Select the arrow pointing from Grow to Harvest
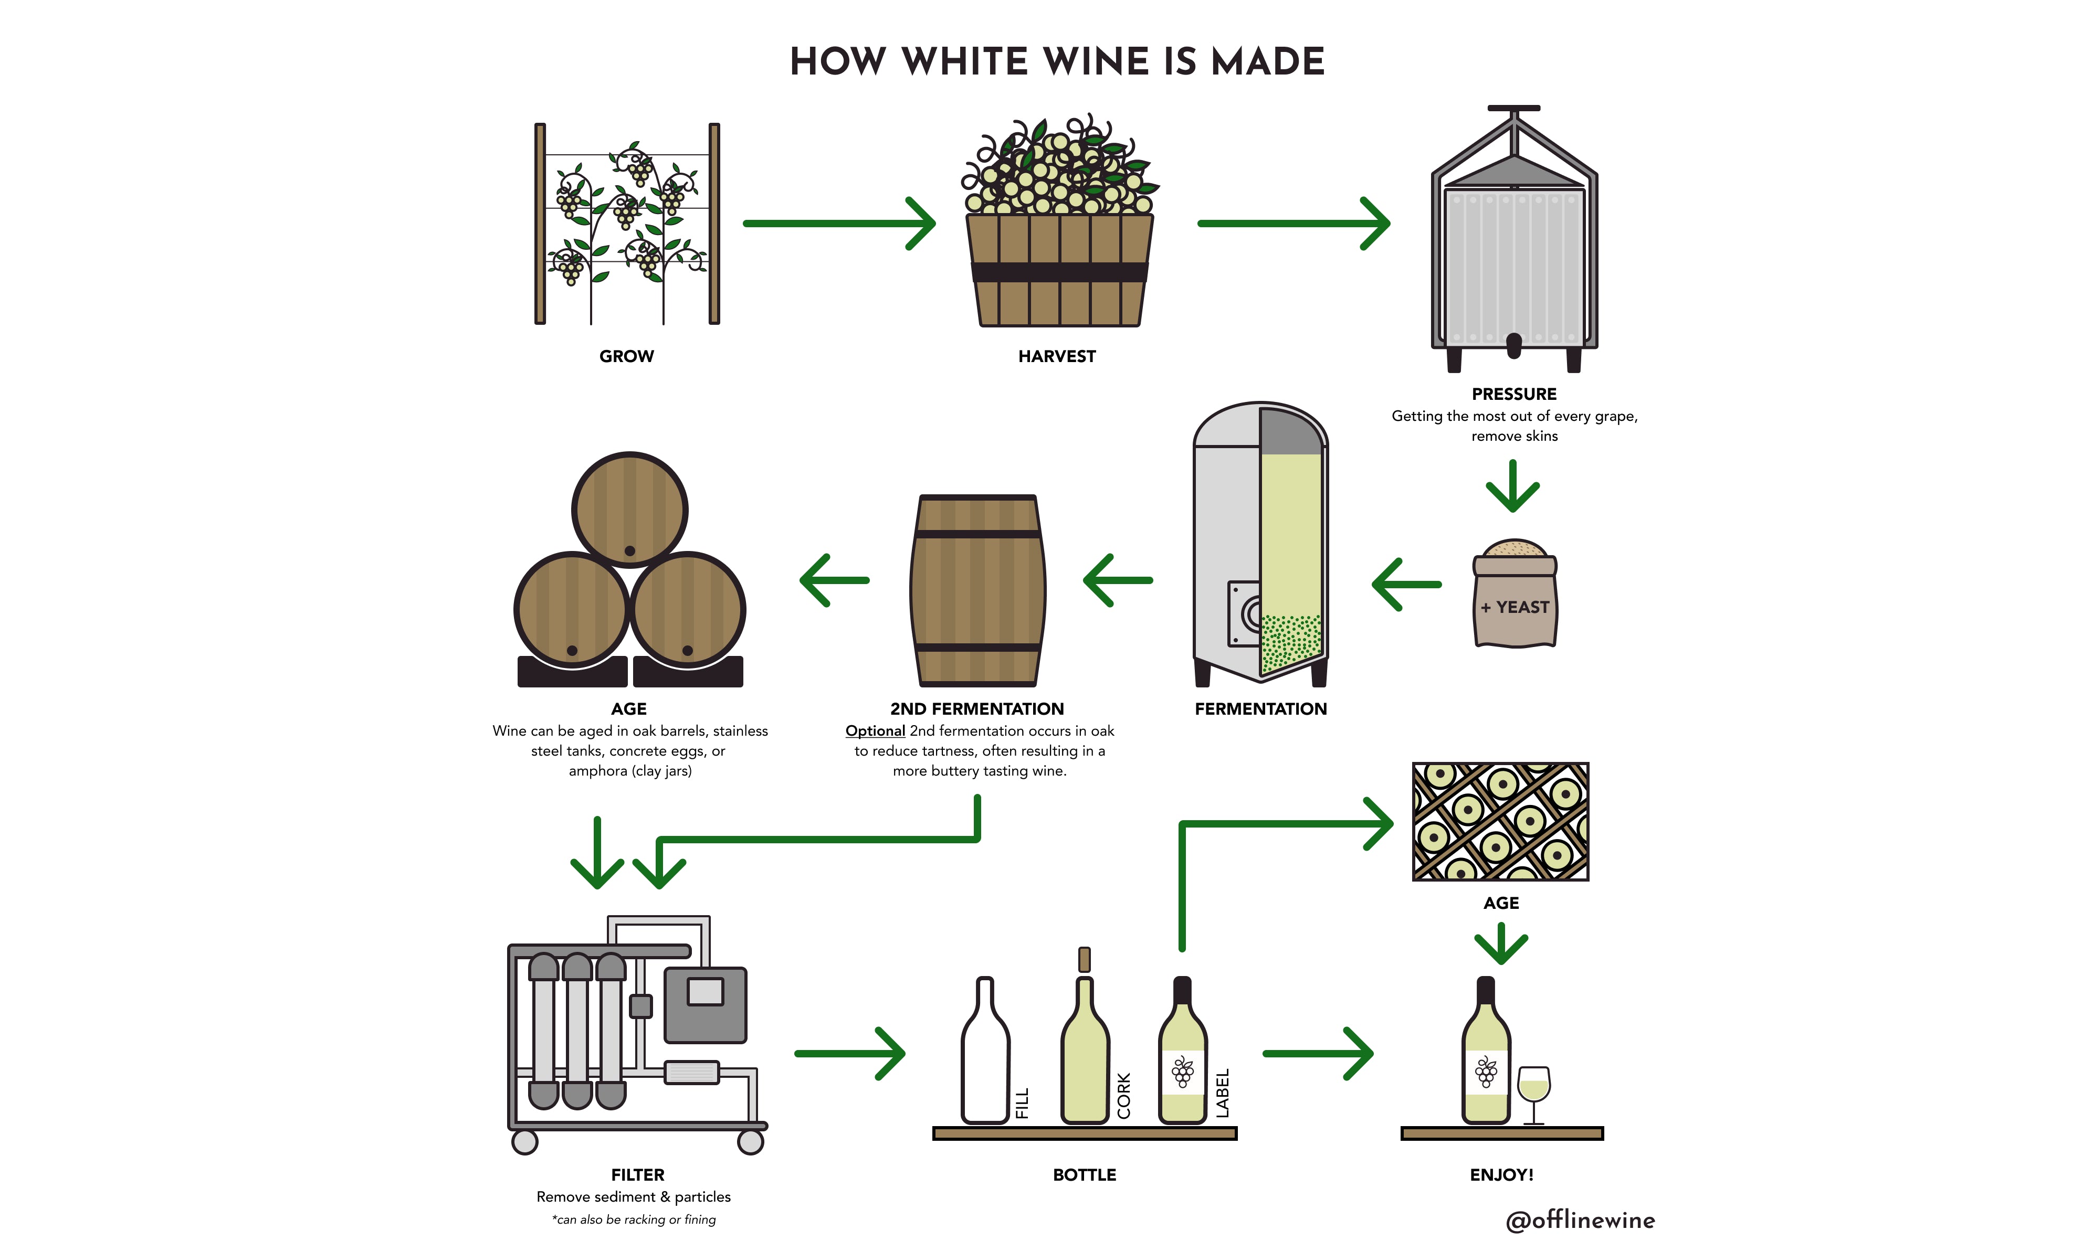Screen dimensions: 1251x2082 [x=838, y=224]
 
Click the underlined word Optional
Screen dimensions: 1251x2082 [x=875, y=731]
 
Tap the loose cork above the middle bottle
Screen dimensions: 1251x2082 [x=1085, y=959]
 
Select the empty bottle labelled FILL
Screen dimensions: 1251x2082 [x=984, y=1054]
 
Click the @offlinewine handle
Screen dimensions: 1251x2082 [x=1580, y=1220]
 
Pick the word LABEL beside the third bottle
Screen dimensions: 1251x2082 [x=1223, y=1093]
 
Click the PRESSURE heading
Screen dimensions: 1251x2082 [x=1513, y=394]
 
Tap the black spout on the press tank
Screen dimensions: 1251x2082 [x=1513, y=344]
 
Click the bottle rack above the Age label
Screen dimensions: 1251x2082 [x=1500, y=821]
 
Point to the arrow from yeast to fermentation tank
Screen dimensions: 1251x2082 [x=1406, y=584]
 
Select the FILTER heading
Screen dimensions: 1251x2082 [x=637, y=1174]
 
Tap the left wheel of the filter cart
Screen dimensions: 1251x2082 [x=524, y=1142]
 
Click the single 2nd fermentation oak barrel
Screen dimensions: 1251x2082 [x=977, y=590]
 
